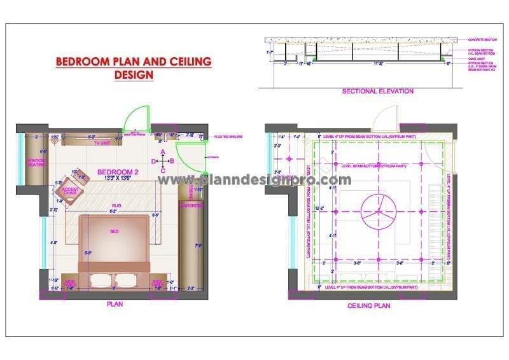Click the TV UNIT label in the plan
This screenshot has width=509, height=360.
click(x=102, y=144)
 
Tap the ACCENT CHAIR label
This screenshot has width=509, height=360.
click(x=71, y=191)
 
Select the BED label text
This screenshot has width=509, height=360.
click(x=115, y=231)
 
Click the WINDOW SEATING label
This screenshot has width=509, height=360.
click(x=37, y=163)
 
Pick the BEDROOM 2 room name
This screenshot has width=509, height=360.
click(x=117, y=172)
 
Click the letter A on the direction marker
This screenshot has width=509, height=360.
click(x=163, y=151)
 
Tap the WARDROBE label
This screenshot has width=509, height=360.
click(x=190, y=205)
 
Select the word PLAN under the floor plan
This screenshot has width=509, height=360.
click(x=115, y=305)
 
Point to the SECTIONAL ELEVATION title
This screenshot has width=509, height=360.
click(x=378, y=92)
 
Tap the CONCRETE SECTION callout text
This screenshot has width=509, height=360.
click(x=481, y=39)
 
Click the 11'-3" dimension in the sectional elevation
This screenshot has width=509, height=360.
click(x=377, y=64)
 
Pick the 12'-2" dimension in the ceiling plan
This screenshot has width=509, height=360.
click(x=324, y=208)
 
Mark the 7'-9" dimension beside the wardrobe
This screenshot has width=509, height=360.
click(x=199, y=246)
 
